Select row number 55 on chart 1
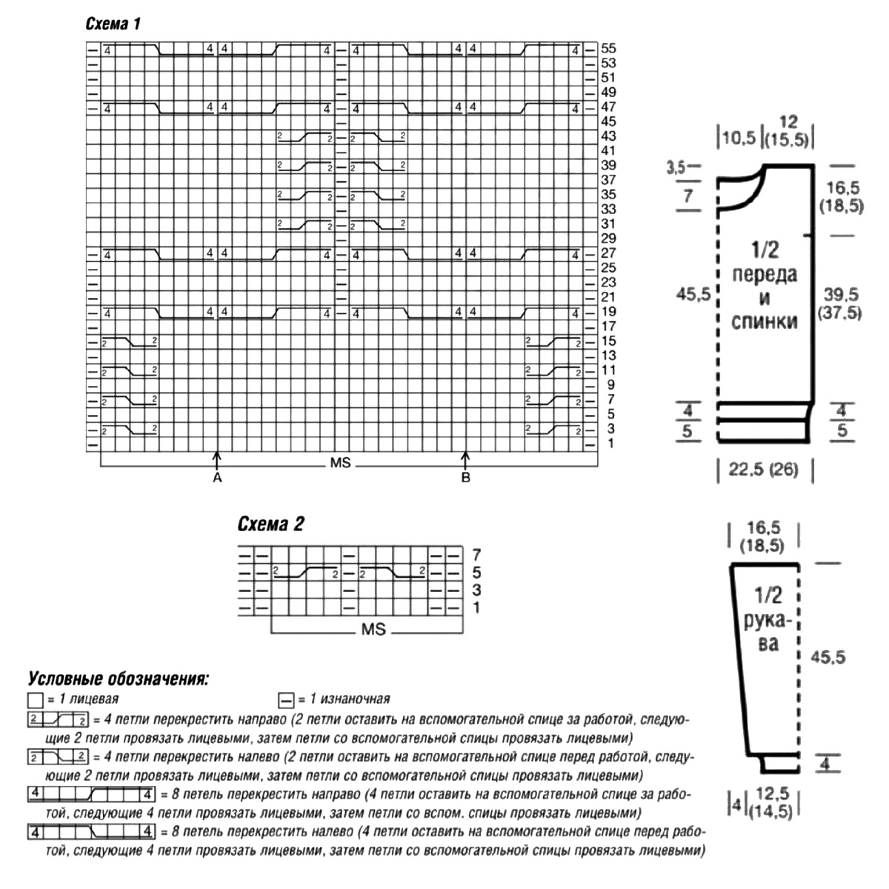point(608,49)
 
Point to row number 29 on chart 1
point(608,239)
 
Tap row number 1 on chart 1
point(610,443)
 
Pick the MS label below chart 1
point(341,465)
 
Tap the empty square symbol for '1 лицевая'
point(34,699)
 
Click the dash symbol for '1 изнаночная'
point(285,699)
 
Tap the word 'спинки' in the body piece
point(764,322)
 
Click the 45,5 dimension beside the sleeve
point(828,657)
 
